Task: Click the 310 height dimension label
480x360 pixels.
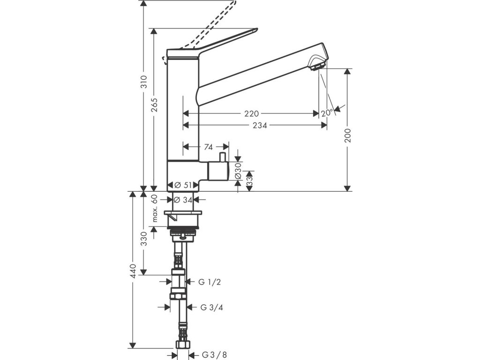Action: pos(144,82)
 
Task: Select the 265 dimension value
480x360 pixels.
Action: pos(154,105)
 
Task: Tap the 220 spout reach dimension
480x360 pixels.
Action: pos(252,114)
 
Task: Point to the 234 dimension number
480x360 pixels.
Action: pos(260,125)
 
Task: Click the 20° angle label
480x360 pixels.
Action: pos(327,113)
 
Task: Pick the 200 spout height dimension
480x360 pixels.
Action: pos(347,135)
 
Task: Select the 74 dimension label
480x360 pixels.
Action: pos(208,147)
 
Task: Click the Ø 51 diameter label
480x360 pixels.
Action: pos(183,185)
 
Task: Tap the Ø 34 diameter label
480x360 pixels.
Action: pos(183,200)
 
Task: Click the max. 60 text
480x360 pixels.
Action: pos(154,208)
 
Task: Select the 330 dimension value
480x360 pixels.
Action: pos(144,239)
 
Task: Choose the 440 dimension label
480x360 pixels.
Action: pos(133,271)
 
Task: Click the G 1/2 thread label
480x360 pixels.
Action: pos(210,282)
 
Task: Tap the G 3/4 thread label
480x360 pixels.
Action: pos(211,307)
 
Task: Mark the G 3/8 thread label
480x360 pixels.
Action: pos(214,355)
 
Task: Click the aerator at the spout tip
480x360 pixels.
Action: pos(318,66)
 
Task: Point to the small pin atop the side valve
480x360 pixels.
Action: pos(223,157)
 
